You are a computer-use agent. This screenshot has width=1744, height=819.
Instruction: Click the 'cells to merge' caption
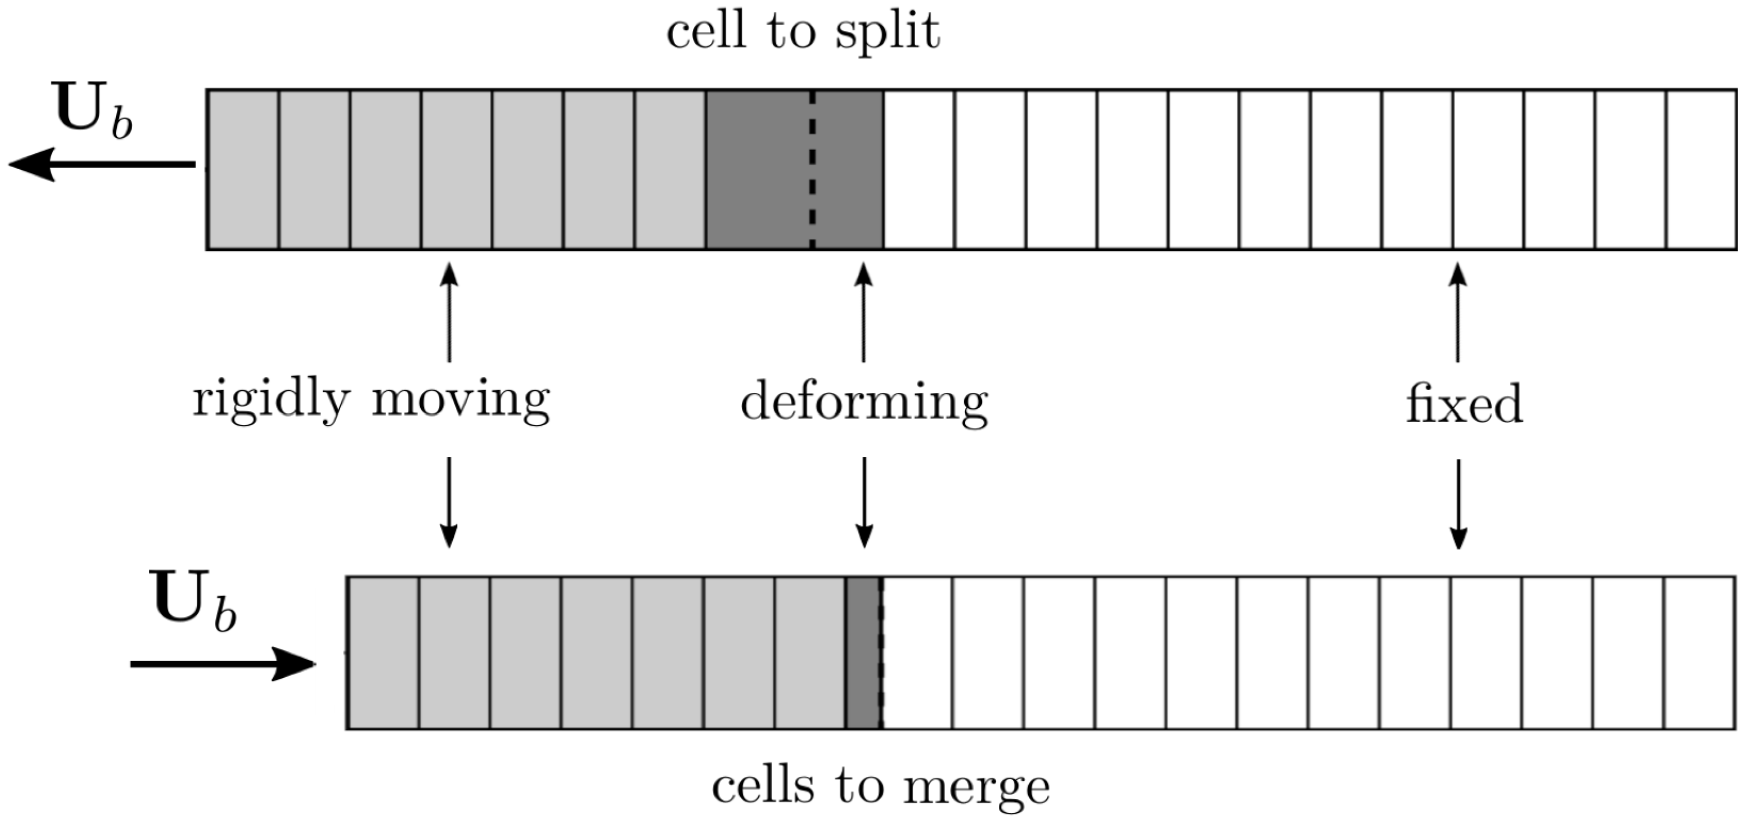tap(880, 787)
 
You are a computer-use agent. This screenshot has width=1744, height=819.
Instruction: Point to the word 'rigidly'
tap(271, 400)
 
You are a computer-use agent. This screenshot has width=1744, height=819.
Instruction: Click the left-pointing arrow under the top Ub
tap(102, 164)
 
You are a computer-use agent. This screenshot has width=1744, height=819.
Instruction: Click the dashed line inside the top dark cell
tap(812, 169)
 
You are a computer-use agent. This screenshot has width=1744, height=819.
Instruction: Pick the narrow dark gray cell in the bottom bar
tap(862, 653)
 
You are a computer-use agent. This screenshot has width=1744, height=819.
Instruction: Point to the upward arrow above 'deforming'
tap(863, 311)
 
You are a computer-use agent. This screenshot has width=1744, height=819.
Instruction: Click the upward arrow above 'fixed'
tap(1457, 311)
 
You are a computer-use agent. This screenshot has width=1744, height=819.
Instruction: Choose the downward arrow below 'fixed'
tap(1457, 504)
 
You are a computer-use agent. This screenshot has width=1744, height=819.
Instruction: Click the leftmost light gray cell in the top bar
tap(243, 169)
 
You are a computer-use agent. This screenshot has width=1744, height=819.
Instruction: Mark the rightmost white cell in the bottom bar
tap(1699, 653)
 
